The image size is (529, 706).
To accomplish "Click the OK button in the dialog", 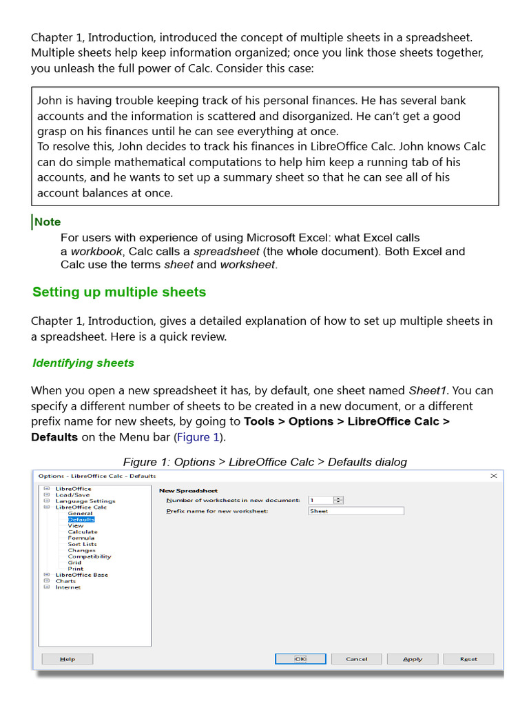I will coord(300,658).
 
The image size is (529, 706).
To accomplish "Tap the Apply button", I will coord(413,658).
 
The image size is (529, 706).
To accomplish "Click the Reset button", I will coord(468,658).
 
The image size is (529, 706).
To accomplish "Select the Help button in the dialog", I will coord(68,658).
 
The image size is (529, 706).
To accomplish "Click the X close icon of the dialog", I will coord(493,476).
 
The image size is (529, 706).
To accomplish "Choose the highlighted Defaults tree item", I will coord(81,519).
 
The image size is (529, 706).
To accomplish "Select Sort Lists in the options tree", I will coord(82,544).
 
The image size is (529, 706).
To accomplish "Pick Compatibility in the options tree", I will coord(89,556).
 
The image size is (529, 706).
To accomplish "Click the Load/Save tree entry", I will coord(72,494).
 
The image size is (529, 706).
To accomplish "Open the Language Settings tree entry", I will coord(85,501).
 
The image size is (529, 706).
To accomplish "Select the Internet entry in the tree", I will coord(68,587).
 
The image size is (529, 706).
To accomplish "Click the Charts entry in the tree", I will coord(65,581).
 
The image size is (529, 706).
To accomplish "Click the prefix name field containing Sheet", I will coord(355,511).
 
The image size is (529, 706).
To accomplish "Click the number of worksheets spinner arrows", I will coord(339,500).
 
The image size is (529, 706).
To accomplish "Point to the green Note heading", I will coord(48,222).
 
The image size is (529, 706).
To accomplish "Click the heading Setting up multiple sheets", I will coord(119,292).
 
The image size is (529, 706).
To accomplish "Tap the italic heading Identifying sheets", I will coord(83,363).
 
